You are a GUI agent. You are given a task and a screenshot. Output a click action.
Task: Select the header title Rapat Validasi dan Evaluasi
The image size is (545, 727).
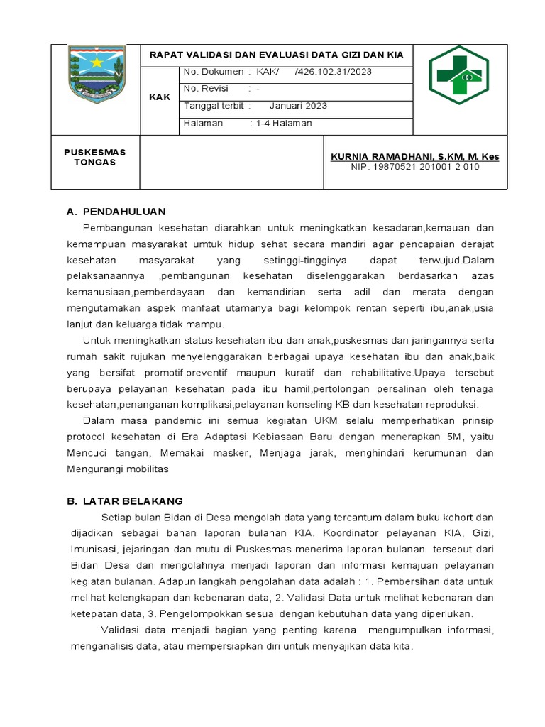[276, 55]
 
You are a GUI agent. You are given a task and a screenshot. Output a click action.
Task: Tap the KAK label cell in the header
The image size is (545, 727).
[160, 97]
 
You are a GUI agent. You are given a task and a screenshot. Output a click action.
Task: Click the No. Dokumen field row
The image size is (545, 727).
[277, 72]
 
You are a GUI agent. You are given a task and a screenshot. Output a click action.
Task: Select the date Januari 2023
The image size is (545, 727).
[298, 106]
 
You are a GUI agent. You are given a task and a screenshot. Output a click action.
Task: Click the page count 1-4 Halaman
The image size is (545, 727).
[284, 123]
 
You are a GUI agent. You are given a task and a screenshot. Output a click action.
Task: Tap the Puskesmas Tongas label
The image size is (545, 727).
[94, 157]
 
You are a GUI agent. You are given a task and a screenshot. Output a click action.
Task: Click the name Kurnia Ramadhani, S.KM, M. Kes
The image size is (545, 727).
[415, 156]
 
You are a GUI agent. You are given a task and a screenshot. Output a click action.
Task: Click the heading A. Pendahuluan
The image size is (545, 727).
[116, 212]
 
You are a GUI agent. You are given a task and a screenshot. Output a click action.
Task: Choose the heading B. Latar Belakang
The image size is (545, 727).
[125, 501]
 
